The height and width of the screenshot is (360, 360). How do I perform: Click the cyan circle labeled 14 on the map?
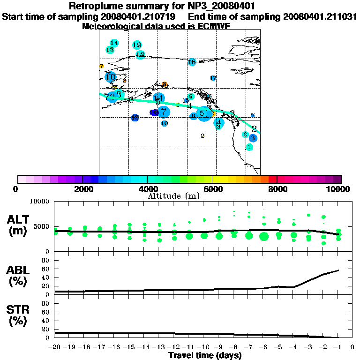[114, 43]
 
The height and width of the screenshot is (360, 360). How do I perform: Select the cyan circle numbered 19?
[137, 45]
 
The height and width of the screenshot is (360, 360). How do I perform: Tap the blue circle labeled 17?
[213, 78]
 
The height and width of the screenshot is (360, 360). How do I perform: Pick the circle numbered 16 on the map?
[192, 62]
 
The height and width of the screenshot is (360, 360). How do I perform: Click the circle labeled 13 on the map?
[110, 50]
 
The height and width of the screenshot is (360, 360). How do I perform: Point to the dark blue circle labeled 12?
[135, 118]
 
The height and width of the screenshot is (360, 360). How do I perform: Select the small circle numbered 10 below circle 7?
[165, 123]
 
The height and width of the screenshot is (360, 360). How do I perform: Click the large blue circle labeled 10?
[111, 77]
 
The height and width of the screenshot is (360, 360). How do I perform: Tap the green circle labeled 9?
[191, 97]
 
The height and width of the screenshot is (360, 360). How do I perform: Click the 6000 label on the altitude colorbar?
[212, 189]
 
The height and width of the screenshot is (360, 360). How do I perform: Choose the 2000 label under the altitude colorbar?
[82, 189]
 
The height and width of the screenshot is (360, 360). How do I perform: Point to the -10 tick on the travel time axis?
[204, 347]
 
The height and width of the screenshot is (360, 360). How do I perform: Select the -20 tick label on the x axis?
[55, 347]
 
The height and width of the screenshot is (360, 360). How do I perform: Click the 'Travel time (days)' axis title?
[205, 356]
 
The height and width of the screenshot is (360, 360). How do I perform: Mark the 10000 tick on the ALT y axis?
[40, 202]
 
